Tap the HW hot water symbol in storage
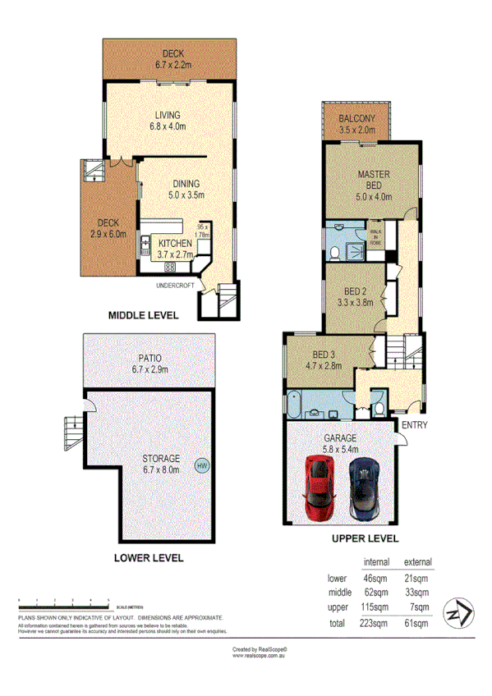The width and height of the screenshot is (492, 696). click(201, 466)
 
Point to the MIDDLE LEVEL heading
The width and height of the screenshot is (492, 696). click(143, 314)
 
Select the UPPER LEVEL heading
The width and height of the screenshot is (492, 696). click(365, 539)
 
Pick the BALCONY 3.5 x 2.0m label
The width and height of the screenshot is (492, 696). click(356, 124)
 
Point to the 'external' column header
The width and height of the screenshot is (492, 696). click(417, 562)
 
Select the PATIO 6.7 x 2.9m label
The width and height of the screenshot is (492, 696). click(149, 364)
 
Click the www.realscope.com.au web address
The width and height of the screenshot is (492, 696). click(259, 655)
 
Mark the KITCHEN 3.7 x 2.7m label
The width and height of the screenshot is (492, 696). click(174, 249)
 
